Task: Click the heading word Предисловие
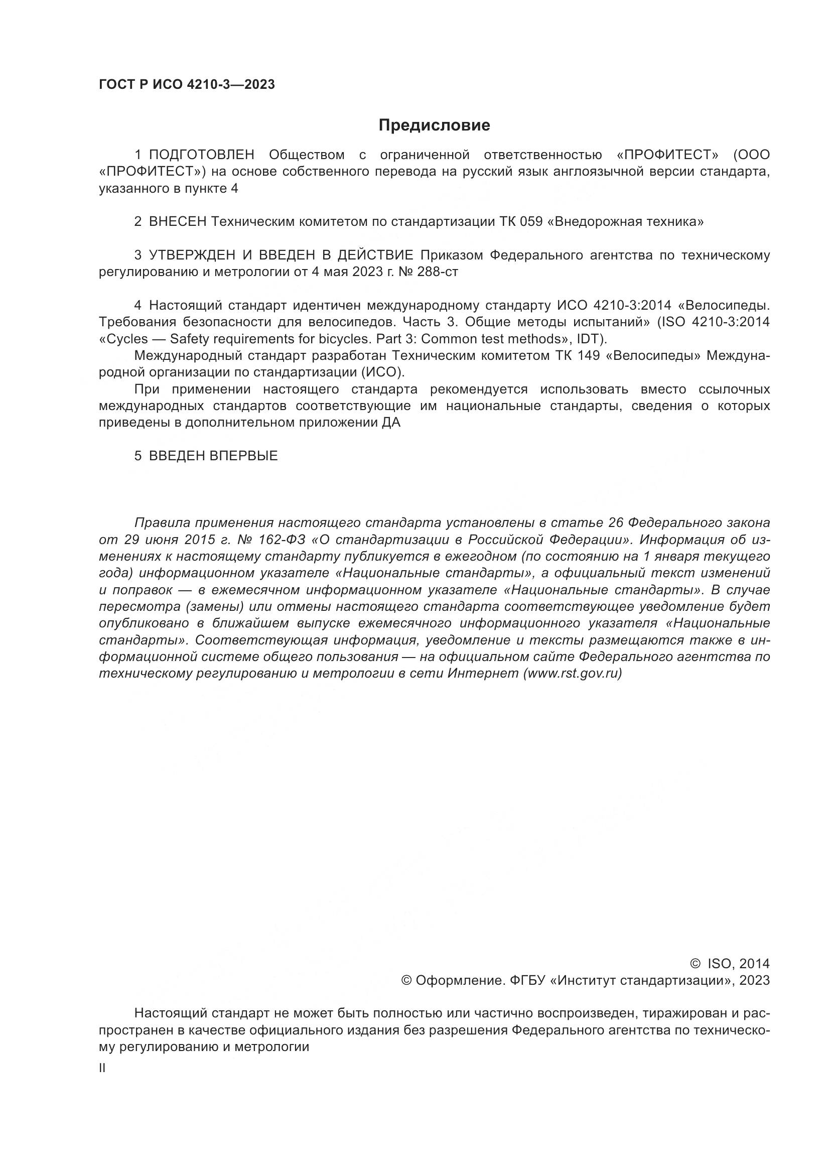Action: pos(434,125)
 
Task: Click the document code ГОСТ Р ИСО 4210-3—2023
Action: pos(187,85)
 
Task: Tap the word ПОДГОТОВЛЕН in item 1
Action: pos(201,155)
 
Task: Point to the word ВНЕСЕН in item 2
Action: pos(177,222)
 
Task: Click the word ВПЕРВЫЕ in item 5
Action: pos(244,456)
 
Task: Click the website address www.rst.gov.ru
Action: pos(573,674)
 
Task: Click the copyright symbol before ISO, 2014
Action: pos(695,964)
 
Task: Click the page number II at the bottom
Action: pos(102,1068)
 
